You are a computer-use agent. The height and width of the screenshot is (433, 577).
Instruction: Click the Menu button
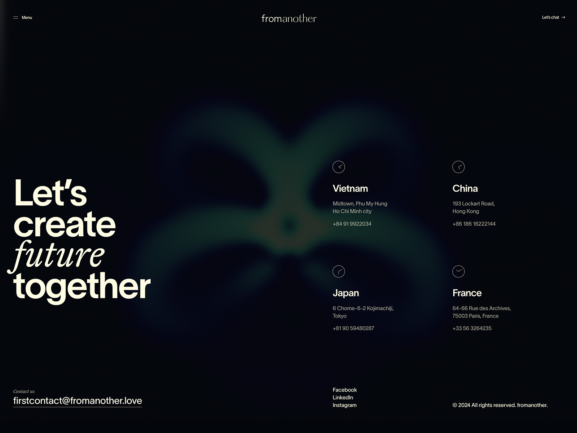[x=23, y=17]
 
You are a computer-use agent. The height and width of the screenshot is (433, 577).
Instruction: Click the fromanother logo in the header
[x=289, y=18]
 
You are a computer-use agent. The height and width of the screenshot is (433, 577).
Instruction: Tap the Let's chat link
[x=553, y=17]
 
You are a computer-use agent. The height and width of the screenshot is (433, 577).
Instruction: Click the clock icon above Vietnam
[x=339, y=167]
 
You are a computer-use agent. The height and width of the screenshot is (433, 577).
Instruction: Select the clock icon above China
[x=458, y=167]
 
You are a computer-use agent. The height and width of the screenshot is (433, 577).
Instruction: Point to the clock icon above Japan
[x=339, y=271]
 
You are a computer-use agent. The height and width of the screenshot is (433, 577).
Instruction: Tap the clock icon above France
[x=458, y=271]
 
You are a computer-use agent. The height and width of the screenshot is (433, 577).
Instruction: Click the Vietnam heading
[x=350, y=188]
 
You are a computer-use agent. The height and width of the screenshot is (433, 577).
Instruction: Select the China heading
[x=465, y=188]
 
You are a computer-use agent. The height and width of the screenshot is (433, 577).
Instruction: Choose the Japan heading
[x=345, y=293]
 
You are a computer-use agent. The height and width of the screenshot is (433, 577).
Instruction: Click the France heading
[x=467, y=293]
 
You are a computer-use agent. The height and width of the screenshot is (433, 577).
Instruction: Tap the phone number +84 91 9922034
[x=352, y=224]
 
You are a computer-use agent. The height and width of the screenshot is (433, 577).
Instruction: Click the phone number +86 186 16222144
[x=474, y=224]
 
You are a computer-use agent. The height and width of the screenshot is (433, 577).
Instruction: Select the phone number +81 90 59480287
[x=353, y=328]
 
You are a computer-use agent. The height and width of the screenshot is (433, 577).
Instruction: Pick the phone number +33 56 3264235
[x=472, y=328]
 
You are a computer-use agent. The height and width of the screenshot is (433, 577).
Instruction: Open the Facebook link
[x=344, y=390]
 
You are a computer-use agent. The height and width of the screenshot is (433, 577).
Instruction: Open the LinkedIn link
[x=343, y=397]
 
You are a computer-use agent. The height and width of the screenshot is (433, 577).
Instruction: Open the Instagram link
[x=344, y=405]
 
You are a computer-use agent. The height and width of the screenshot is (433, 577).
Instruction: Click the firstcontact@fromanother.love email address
[x=78, y=401]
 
